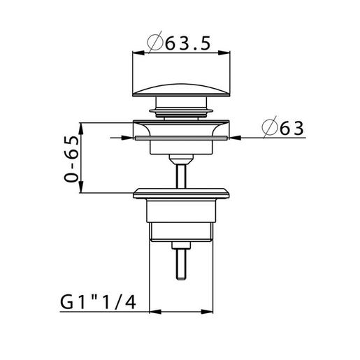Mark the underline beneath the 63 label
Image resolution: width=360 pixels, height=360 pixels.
coord(283,138)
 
